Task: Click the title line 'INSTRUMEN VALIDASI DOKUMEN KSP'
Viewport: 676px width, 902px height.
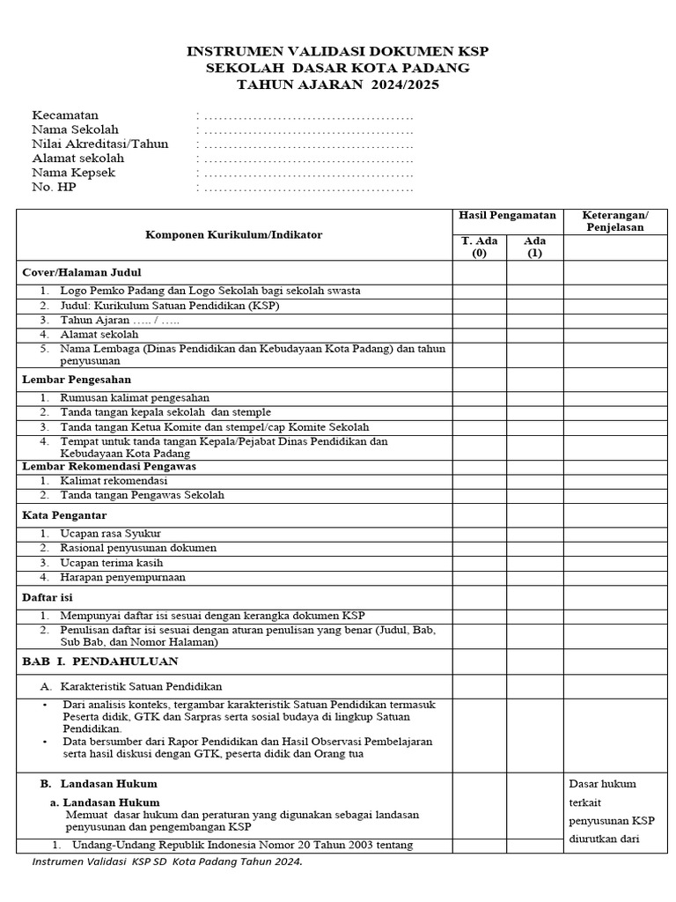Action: (337, 52)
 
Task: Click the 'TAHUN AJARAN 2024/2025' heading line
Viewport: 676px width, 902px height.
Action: (337, 85)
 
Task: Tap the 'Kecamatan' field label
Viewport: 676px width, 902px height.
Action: (65, 115)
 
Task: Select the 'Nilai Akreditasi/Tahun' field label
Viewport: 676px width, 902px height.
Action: (99, 144)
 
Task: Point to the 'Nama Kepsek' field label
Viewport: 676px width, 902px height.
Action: (73, 173)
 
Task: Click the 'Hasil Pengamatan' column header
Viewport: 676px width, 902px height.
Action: (507, 215)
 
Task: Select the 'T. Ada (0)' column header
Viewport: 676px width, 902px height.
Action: (480, 247)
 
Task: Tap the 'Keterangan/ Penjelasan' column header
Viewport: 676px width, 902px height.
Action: (616, 221)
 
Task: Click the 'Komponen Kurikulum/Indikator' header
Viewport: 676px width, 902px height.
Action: (233, 235)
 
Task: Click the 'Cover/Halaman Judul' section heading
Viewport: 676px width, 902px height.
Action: (82, 272)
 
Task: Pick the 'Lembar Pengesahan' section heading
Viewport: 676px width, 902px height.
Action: (77, 380)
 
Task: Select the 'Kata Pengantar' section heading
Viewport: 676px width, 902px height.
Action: (64, 514)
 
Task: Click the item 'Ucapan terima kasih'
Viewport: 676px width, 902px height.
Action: (112, 563)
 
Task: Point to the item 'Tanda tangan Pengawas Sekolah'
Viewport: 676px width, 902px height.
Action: (142, 495)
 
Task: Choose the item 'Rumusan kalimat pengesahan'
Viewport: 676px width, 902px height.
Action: (135, 398)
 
